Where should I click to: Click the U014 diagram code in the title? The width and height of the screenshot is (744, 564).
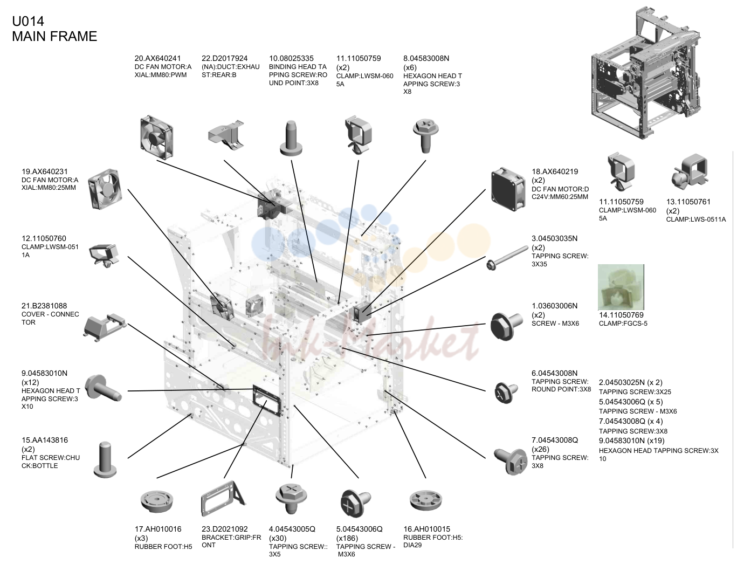coord(28,22)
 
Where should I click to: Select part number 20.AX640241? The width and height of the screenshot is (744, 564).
coord(157,58)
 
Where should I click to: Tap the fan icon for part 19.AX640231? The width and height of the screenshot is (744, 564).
coord(105,189)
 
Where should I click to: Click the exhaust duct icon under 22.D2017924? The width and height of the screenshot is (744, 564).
coord(226,134)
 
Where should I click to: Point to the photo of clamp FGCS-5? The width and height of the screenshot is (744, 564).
coord(621,287)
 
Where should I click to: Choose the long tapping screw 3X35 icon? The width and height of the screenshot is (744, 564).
coord(507,258)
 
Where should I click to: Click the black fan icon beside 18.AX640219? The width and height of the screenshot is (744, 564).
coord(508,189)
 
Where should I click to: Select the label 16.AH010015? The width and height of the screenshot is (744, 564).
coord(427,529)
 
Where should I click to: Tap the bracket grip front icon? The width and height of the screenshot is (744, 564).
coord(223,498)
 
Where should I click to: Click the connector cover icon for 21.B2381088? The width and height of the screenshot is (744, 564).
coord(105,328)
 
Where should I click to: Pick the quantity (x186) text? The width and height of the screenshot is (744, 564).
coord(347,538)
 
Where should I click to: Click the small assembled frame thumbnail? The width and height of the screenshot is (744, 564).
coord(644,73)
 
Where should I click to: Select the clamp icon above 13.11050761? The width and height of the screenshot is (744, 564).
coord(690,172)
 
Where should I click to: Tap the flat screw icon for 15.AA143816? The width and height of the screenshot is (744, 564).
coord(105,459)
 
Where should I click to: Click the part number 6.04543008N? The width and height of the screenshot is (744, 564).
coord(555,373)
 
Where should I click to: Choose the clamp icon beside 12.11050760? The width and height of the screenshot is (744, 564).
coord(104,255)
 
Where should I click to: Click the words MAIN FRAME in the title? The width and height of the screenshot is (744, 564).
coord(54,36)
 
